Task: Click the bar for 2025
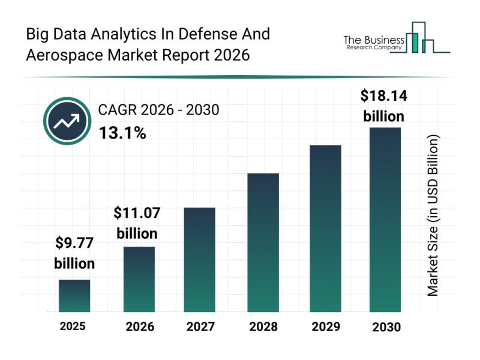tap(74, 296)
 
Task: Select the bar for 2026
tap(139, 279)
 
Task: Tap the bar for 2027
tap(200, 259)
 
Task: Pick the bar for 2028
tap(263, 242)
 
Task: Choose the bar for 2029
tap(325, 229)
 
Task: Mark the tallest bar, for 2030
tap(385, 220)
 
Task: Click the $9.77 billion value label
tap(74, 253)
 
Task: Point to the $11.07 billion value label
tap(137, 223)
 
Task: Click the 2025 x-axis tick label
tap(73, 326)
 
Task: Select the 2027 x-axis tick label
tap(200, 327)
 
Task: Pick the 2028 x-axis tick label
tap(263, 327)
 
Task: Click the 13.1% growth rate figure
tap(122, 133)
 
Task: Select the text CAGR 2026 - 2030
tap(158, 110)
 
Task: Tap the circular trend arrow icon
tap(67, 121)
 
